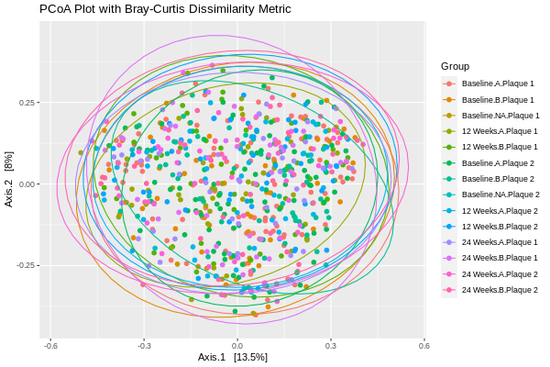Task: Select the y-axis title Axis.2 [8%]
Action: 9,179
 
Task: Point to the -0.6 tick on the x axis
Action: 51,346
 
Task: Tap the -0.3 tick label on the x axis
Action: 144,346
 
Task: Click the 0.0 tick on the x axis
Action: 237,346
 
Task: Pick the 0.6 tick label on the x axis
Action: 423,346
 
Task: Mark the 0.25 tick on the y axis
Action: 27,102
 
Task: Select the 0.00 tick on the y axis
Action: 27,183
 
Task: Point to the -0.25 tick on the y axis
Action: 25,265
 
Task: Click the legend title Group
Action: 455,66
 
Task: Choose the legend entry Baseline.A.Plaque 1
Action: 498,83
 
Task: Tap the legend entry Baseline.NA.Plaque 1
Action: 500,116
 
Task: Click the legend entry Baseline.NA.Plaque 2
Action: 500,195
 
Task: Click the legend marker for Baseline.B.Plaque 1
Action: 449,99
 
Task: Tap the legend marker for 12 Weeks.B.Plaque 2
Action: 449,227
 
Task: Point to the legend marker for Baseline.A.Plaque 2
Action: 449,163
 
